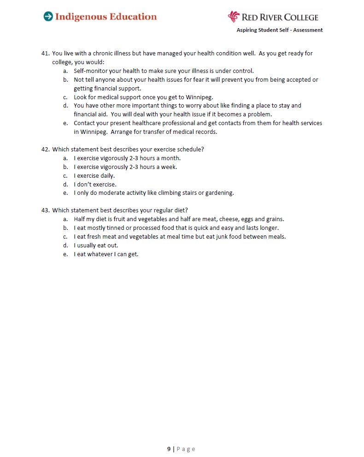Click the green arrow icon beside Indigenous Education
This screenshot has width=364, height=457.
48,17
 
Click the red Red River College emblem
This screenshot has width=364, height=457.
234,17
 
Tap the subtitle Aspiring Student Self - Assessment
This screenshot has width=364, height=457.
280,30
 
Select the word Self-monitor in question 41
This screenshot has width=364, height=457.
90,71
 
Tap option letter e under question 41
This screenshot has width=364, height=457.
65,123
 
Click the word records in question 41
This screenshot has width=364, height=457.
206,132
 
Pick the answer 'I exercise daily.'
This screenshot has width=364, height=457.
94,175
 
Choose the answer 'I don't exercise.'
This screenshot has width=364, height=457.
95,184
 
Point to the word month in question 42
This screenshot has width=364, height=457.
170,158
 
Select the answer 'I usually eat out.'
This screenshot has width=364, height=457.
96,245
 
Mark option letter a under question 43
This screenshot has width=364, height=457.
65,219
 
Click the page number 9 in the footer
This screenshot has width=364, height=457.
169,449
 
